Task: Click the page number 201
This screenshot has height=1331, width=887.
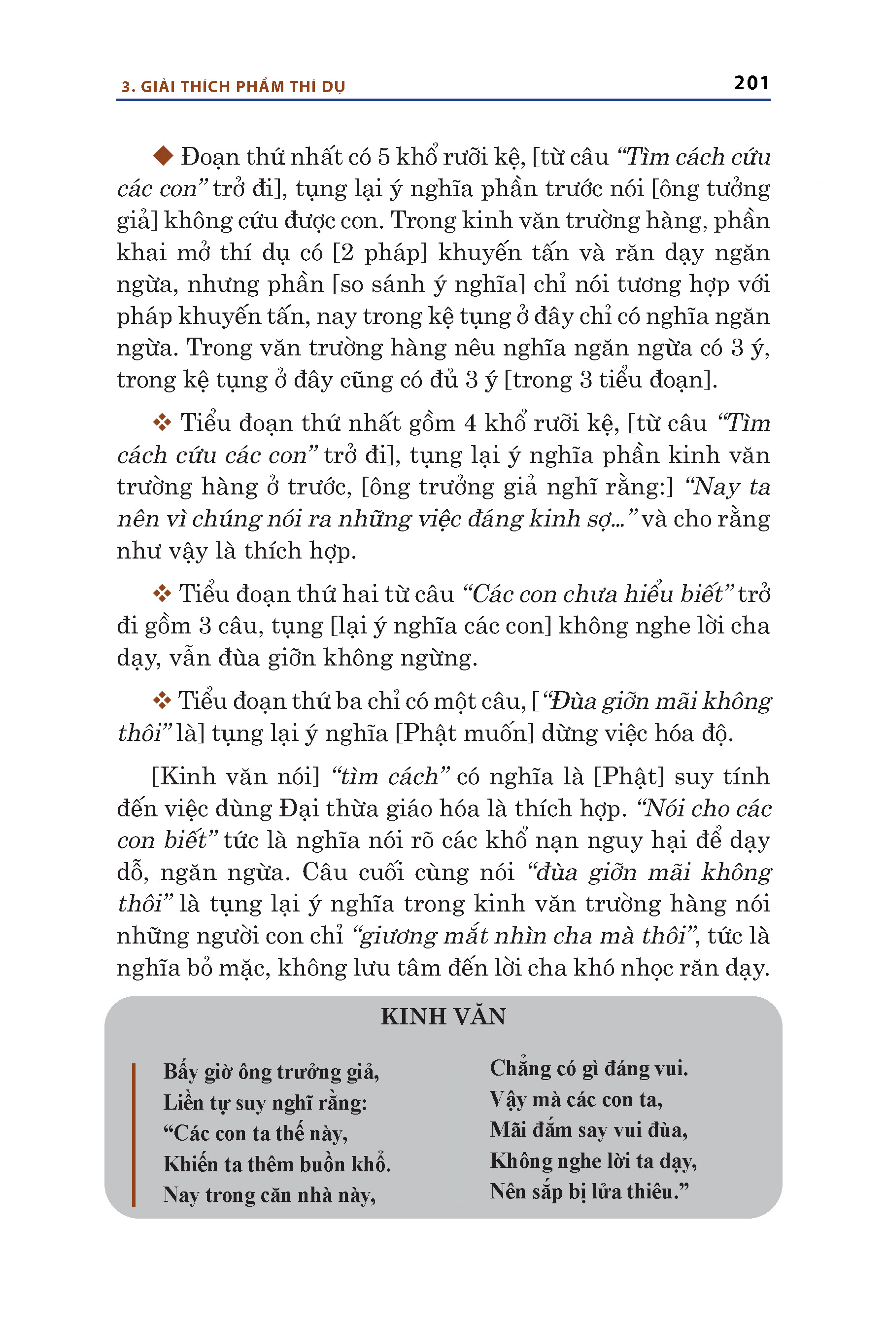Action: click(x=751, y=83)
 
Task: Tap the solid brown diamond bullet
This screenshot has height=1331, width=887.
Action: click(x=164, y=156)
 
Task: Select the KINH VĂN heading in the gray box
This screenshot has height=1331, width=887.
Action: click(x=443, y=1016)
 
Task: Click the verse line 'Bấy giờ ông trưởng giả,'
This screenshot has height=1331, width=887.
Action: click(x=271, y=1072)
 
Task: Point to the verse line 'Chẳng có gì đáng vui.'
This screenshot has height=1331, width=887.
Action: click(x=589, y=1068)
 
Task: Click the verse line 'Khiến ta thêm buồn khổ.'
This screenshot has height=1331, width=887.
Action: click(x=277, y=1163)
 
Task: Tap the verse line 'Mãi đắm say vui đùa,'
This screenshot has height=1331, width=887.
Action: click(x=589, y=1130)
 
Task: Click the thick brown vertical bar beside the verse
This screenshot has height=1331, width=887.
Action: click(x=134, y=1134)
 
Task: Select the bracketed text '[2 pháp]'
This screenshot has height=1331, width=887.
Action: click(x=380, y=252)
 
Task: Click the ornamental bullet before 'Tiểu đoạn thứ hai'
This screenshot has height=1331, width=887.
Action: click(x=162, y=594)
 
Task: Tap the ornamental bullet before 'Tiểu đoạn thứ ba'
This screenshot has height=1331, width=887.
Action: click(x=162, y=701)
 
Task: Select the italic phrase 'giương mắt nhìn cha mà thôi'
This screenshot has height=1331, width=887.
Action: click(x=523, y=936)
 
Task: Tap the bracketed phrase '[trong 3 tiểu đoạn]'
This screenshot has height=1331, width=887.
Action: click(x=611, y=380)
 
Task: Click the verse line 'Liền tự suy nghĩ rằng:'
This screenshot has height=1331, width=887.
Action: click(x=265, y=1103)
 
